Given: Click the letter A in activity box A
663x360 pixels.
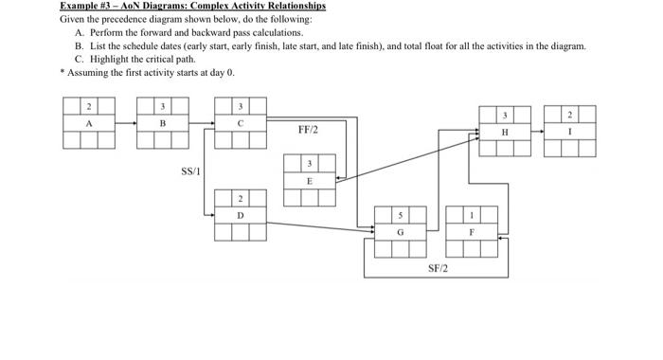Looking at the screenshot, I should [x=90, y=123].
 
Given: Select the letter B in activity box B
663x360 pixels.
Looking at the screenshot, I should [x=163, y=123].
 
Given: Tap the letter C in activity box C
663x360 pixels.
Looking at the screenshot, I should [x=241, y=123].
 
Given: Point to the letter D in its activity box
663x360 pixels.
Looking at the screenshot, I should [x=241, y=215].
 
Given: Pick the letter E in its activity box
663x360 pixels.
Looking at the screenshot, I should [x=310, y=180].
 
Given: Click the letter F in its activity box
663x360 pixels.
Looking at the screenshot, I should [x=471, y=231].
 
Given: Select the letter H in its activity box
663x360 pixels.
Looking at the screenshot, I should [x=505, y=132].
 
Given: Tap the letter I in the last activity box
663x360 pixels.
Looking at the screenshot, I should [x=570, y=132].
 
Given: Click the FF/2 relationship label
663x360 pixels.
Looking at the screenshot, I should [x=309, y=130].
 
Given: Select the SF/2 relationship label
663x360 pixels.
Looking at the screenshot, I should [x=439, y=269].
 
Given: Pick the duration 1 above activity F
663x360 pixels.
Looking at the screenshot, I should [x=471, y=214].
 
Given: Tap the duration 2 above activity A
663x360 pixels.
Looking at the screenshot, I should [x=90, y=105].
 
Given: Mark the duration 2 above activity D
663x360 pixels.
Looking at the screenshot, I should [x=241, y=198].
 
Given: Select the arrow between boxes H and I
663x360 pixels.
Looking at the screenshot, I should [x=538, y=132].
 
